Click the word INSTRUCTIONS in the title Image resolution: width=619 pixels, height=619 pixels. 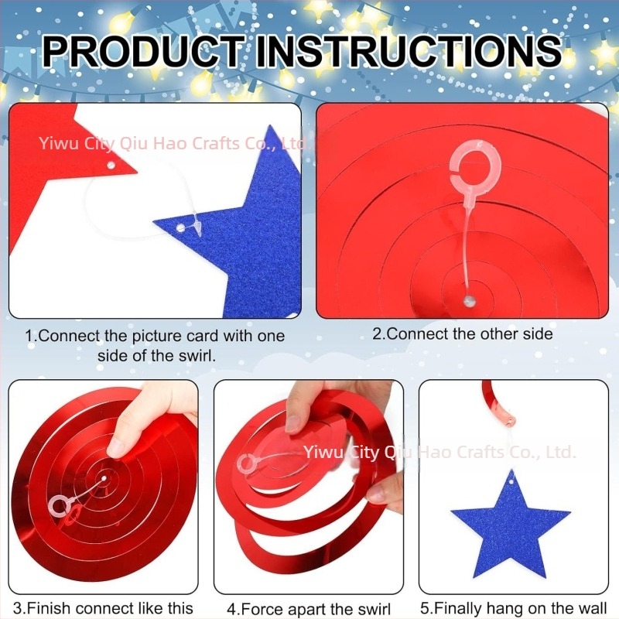pyautogui.click(x=409, y=51)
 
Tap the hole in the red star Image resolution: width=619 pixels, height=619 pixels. pyautogui.click(x=111, y=165)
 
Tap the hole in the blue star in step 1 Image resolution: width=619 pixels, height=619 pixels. pyautogui.click(x=180, y=227)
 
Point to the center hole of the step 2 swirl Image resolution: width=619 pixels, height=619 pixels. pyautogui.click(x=469, y=302)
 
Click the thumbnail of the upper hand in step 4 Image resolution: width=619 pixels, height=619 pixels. pyautogui.click(x=293, y=423)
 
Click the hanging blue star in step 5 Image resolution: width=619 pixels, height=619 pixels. pyautogui.click(x=511, y=525)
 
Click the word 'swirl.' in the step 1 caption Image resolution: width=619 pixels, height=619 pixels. pyautogui.click(x=197, y=356)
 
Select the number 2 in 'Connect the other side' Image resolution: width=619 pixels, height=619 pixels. pyautogui.click(x=377, y=334)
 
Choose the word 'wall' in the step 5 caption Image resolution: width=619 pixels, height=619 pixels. pyautogui.click(x=592, y=608)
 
